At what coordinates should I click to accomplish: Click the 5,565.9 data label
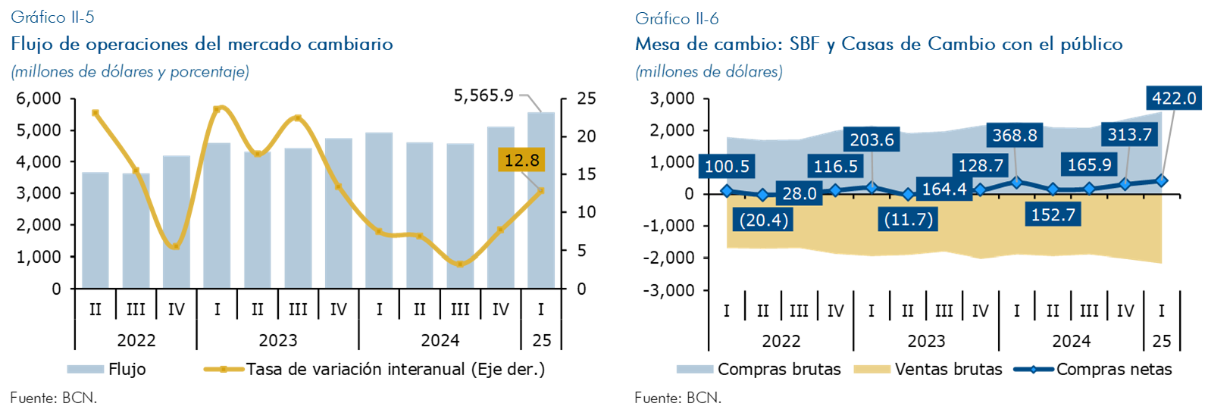(x=484, y=95)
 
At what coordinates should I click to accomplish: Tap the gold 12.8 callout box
(x=521, y=160)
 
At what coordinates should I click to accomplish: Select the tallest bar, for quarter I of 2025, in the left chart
(x=540, y=200)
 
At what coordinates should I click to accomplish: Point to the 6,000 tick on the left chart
(x=38, y=98)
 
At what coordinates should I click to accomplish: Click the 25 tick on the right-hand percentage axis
(x=586, y=98)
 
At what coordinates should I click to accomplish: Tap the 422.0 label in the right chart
(x=1173, y=98)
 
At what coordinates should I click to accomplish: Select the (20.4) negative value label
(x=762, y=220)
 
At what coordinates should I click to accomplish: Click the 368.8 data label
(x=1014, y=135)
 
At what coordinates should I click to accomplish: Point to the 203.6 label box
(x=872, y=139)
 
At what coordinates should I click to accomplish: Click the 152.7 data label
(x=1053, y=214)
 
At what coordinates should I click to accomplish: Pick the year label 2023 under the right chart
(x=926, y=341)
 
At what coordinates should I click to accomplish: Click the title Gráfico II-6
(x=677, y=18)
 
